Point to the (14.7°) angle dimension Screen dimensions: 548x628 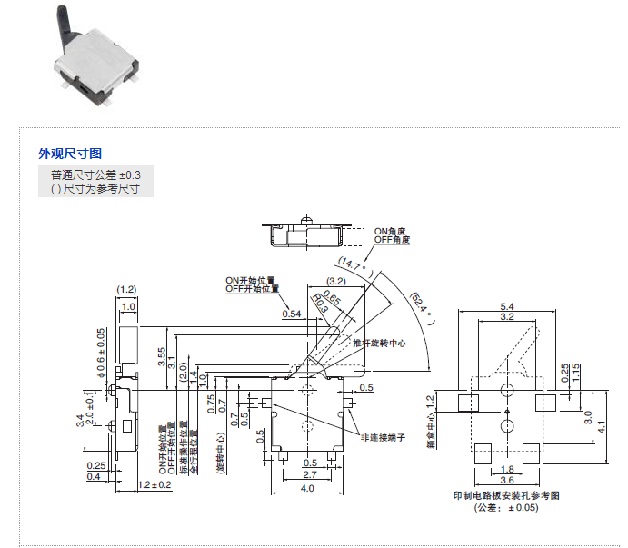tap(354, 264)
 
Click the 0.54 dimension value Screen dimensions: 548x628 tap(292, 314)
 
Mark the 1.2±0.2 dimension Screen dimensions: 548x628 tap(156, 484)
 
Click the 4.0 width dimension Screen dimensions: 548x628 tap(308, 489)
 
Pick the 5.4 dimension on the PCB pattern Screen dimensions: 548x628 tap(507, 307)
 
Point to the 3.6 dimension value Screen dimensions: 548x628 tap(507, 480)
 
